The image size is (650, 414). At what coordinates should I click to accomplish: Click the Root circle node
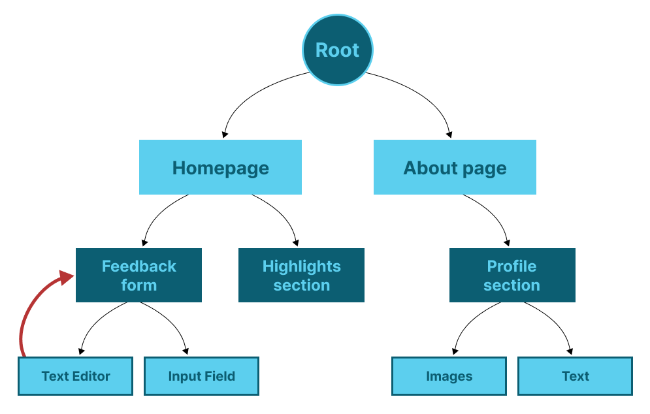[338, 50]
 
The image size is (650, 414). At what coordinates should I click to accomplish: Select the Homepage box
[220, 167]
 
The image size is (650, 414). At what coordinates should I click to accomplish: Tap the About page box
[455, 167]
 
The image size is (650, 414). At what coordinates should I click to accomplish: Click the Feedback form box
[138, 275]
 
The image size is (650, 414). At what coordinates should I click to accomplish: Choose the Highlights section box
[301, 275]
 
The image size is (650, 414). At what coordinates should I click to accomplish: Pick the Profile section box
[512, 275]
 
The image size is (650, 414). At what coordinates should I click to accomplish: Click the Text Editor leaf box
[75, 376]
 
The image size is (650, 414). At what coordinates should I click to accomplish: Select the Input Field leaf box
[201, 376]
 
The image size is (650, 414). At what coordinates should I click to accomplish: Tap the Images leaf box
[449, 376]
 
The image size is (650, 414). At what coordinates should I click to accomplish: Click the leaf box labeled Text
[575, 376]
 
